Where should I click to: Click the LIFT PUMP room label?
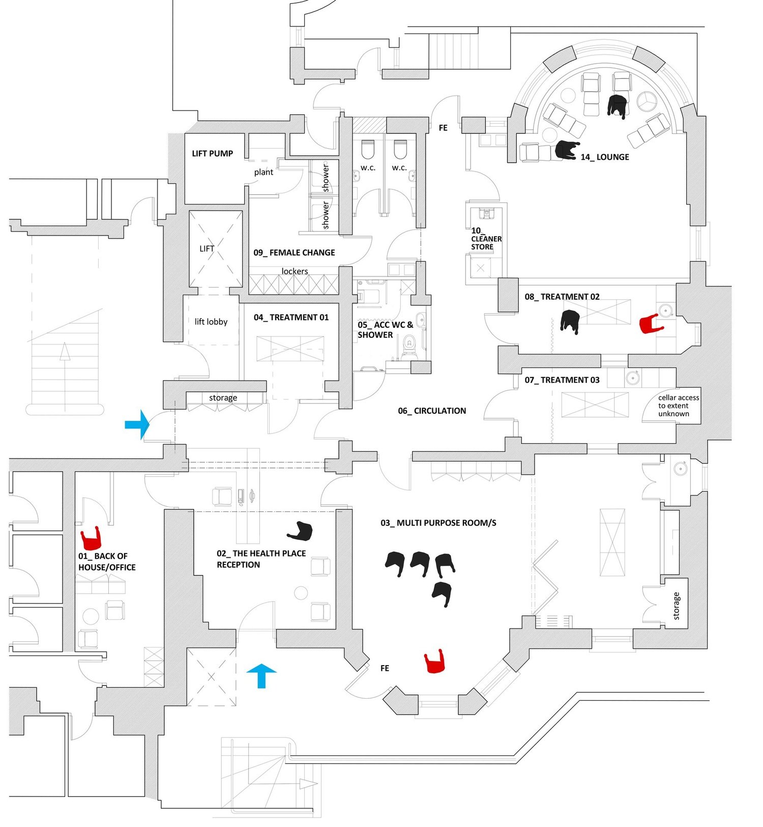(x=212, y=153)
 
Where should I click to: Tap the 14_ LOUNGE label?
(x=604, y=157)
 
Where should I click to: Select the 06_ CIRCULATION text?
(x=432, y=411)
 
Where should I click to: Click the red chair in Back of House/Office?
(x=92, y=537)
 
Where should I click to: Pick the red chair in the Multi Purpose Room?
(x=435, y=662)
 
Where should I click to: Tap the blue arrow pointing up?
(x=261, y=675)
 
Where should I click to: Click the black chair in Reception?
(x=301, y=531)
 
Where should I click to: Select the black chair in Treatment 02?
(x=571, y=321)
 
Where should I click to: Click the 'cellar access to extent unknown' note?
(x=678, y=406)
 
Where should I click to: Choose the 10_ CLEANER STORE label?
(x=486, y=239)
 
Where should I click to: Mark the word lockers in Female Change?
(x=295, y=271)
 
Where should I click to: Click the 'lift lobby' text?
(x=211, y=322)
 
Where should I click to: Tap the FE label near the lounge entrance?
(x=443, y=128)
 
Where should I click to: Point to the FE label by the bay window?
(x=385, y=668)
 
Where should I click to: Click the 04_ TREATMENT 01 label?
(x=291, y=318)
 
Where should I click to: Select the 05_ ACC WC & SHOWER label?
(x=385, y=330)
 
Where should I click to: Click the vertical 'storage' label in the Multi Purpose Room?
(x=676, y=606)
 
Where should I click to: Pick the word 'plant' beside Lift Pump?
(x=263, y=172)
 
